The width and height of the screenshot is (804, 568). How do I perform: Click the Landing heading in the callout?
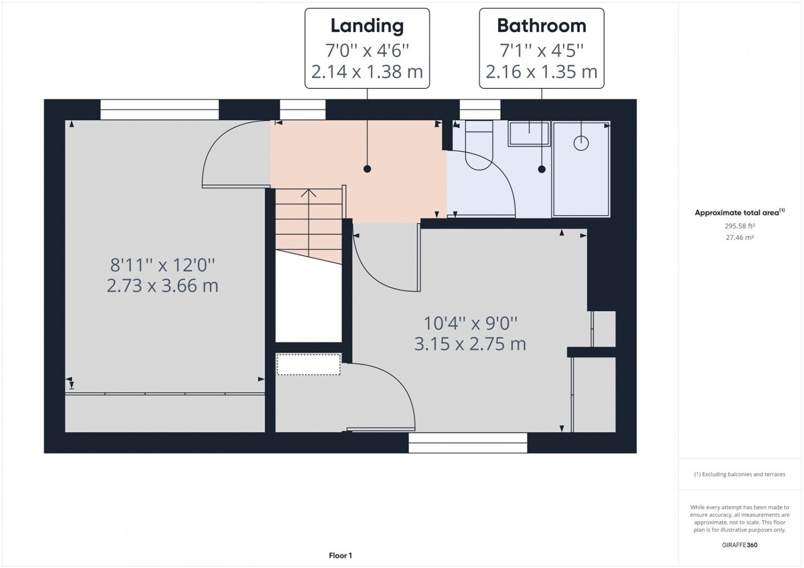[x=367, y=26]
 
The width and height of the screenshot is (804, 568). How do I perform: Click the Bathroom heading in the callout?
[x=541, y=26]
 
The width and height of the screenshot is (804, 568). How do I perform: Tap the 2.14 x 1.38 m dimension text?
[x=367, y=72]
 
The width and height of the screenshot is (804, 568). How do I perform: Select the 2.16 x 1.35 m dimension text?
[x=541, y=72]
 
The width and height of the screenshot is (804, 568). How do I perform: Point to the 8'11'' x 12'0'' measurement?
[x=162, y=266]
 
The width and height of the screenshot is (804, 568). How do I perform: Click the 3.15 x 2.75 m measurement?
[x=470, y=344]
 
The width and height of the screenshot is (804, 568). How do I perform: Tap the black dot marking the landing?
[x=367, y=169]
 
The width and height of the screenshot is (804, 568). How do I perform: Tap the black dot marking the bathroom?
[x=541, y=169]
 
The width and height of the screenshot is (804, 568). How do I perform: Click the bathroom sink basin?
[x=529, y=133]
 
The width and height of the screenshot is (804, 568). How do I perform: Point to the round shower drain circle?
[x=581, y=144]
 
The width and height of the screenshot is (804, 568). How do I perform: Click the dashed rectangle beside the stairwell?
[x=308, y=364]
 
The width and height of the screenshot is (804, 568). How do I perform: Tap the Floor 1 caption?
[x=340, y=556]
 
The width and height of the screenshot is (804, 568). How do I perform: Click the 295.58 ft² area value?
[x=739, y=226]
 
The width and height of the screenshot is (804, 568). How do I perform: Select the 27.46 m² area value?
[x=739, y=237]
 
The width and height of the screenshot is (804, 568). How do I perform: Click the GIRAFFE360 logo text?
[x=739, y=544]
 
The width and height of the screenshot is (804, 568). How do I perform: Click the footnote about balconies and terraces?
[x=739, y=474]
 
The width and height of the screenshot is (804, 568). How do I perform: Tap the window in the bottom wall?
[x=468, y=443]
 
